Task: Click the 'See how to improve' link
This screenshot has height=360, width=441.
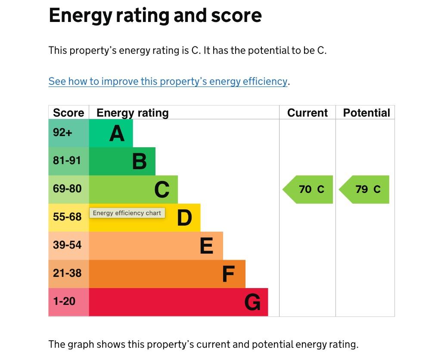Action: (168, 81)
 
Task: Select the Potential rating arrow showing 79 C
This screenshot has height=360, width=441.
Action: (365, 189)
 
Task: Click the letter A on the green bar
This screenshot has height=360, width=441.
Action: (117, 133)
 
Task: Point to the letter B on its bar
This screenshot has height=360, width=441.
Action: (139, 161)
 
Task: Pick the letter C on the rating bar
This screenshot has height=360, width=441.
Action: (162, 190)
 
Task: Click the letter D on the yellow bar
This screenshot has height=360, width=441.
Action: (184, 218)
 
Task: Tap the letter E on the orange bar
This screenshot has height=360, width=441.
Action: (207, 246)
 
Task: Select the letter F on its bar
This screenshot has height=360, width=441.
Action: (228, 274)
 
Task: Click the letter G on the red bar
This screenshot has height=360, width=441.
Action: (252, 302)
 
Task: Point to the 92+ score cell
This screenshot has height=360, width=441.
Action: (63, 133)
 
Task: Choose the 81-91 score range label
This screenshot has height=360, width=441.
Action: (67, 161)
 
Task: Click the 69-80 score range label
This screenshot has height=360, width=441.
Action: (67, 189)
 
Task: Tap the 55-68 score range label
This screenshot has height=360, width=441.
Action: (67, 217)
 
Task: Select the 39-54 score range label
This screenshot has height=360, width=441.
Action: (67, 245)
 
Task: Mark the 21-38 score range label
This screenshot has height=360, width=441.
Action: (67, 273)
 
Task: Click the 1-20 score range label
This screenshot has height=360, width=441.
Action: (64, 301)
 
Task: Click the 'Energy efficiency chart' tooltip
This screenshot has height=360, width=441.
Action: (127, 213)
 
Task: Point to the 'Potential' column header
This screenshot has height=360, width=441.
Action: (366, 113)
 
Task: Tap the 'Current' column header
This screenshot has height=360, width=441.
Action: (307, 113)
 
